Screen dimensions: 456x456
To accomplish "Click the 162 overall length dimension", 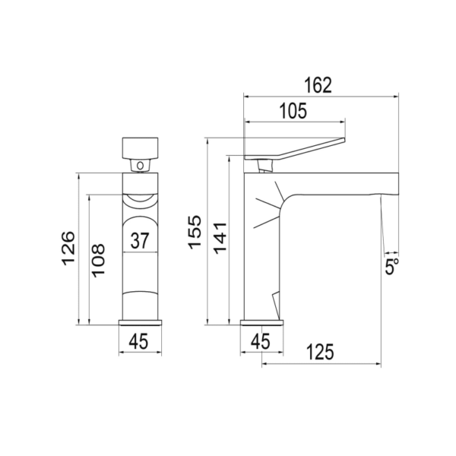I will click(320, 84).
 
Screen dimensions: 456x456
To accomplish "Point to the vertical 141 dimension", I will click(219, 239).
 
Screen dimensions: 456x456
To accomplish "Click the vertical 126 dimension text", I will click(68, 248).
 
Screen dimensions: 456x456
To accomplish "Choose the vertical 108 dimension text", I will click(98, 261).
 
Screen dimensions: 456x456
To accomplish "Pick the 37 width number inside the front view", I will click(139, 242).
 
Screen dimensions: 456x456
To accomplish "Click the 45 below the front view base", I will click(138, 343).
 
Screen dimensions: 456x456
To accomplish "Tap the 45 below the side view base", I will click(261, 343).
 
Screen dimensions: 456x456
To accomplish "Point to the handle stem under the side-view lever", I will click(265, 164).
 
